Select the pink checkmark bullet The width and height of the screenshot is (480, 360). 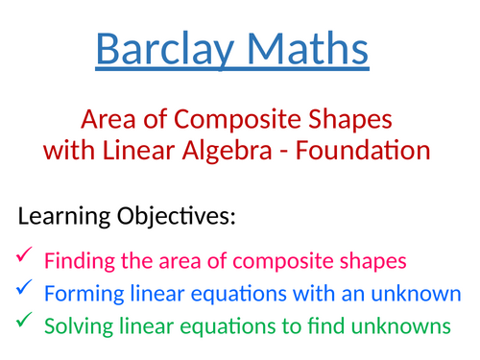tap(24, 256)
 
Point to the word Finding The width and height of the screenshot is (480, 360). tap(78, 259)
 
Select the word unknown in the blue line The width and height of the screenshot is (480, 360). tap(420, 293)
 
